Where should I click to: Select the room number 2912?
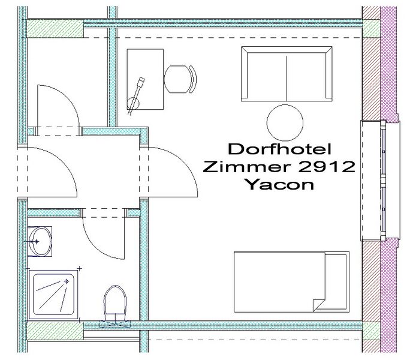[x=327, y=166]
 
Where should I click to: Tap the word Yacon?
[x=279, y=184]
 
